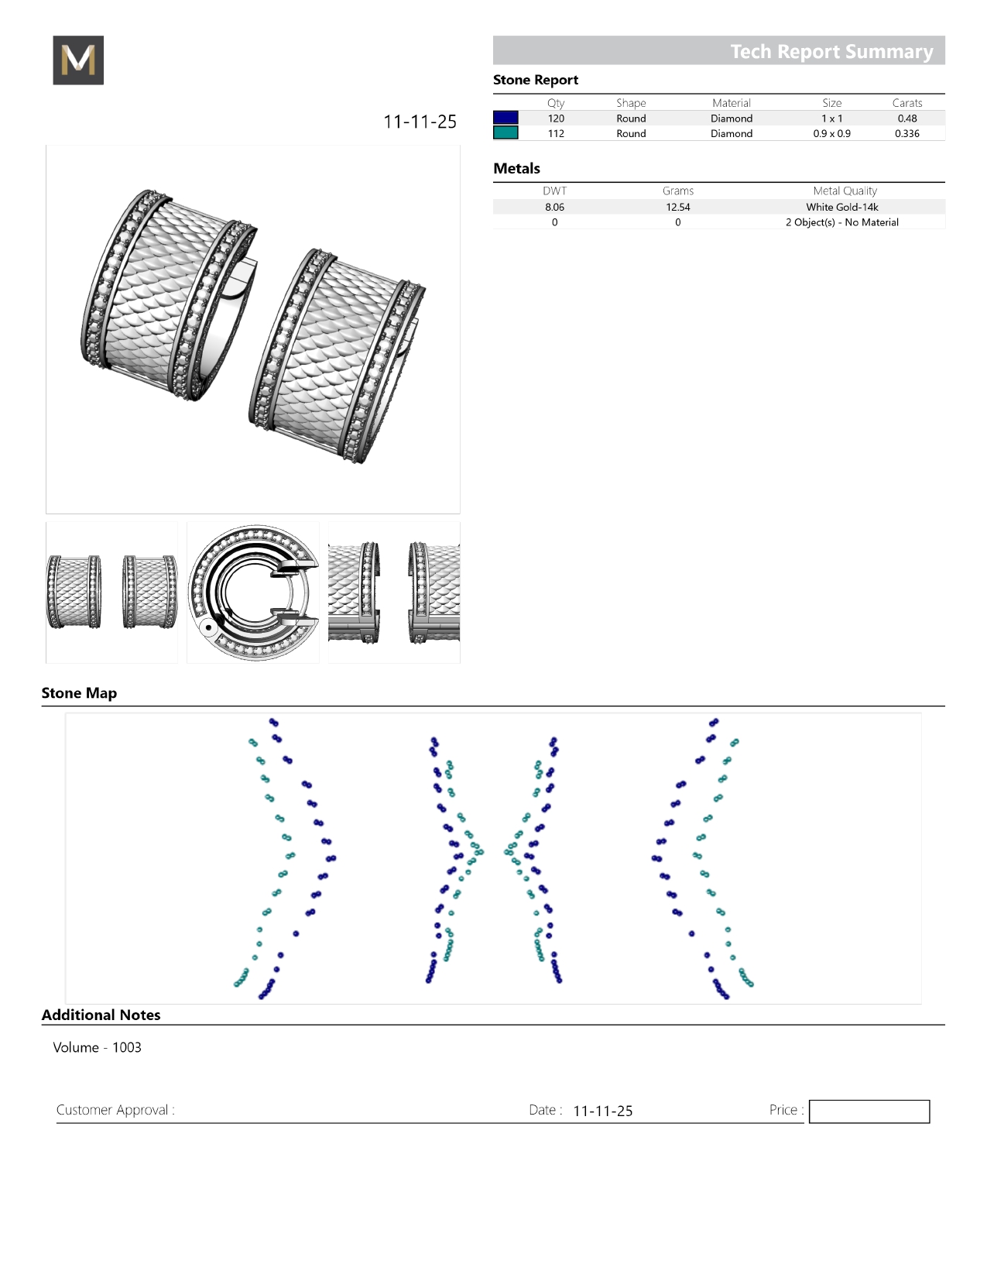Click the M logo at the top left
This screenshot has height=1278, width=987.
(78, 60)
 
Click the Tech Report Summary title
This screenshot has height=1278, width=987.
(831, 51)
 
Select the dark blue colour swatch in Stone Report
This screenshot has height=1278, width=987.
(505, 118)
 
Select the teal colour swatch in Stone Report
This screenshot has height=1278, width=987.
(505, 133)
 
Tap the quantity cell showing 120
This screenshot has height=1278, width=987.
(556, 119)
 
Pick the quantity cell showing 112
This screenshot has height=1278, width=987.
(556, 133)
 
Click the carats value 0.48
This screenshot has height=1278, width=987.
(907, 119)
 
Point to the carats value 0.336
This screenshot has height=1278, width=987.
(907, 133)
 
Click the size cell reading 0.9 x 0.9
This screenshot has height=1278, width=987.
(832, 133)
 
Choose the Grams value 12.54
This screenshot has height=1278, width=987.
(678, 207)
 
